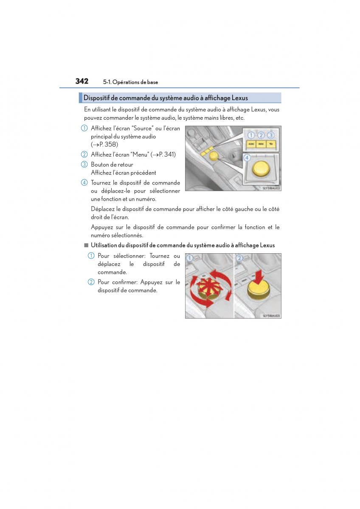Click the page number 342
point(82,81)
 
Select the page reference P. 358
point(108,145)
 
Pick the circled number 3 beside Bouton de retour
point(84,165)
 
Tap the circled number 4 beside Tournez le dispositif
point(84,183)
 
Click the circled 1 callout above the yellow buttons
point(251,135)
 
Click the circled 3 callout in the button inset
point(271,135)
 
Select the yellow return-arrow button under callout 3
point(271,144)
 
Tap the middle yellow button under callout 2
point(261,144)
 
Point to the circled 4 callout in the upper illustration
point(247,158)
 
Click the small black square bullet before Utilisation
point(86,245)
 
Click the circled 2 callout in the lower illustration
point(239,258)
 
